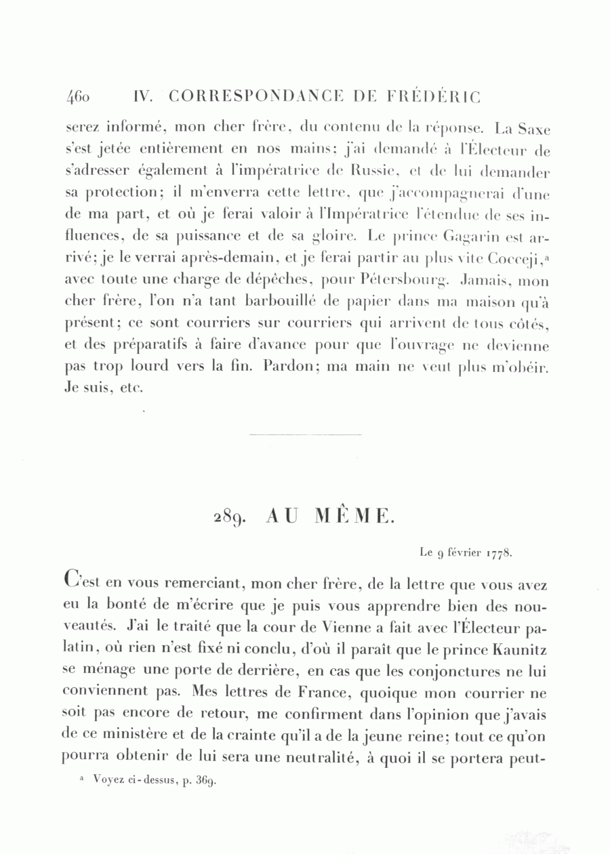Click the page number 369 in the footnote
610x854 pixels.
click(x=205, y=781)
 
